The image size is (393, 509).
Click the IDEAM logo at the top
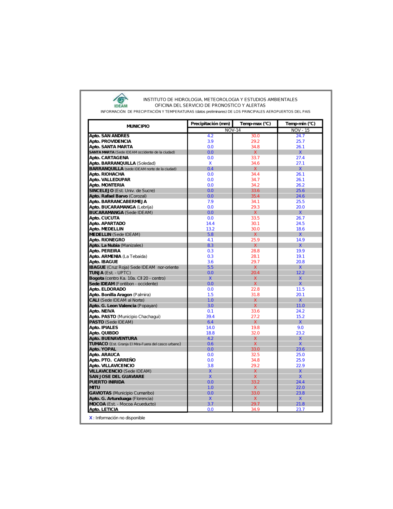tap(121, 100)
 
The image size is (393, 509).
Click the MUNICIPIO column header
tap(138, 126)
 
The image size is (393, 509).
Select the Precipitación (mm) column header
tap(210, 124)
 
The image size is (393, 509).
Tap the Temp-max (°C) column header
tap(255, 124)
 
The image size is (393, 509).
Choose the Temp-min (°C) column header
tap(300, 124)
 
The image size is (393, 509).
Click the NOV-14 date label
tap(233, 130)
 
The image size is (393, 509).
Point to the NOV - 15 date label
tap(300, 130)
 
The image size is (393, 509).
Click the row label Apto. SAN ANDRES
tap(109, 136)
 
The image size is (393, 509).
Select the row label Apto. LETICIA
tap(104, 409)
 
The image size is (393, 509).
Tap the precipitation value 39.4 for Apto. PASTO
tap(210, 317)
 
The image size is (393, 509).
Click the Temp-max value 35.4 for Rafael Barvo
tap(255, 196)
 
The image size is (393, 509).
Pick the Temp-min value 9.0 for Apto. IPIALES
tap(300, 327)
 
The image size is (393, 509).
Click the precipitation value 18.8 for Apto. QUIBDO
tap(210, 333)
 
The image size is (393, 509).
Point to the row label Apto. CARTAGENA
tap(109, 158)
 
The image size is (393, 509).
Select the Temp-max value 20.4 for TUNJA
tap(255, 273)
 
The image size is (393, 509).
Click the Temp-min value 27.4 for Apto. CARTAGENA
tap(300, 158)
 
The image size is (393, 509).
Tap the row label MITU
tap(95, 387)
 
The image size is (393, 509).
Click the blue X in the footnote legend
tap(91, 418)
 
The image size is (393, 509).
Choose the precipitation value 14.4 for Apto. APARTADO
tap(210, 223)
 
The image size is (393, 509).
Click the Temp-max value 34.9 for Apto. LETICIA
tap(255, 409)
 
